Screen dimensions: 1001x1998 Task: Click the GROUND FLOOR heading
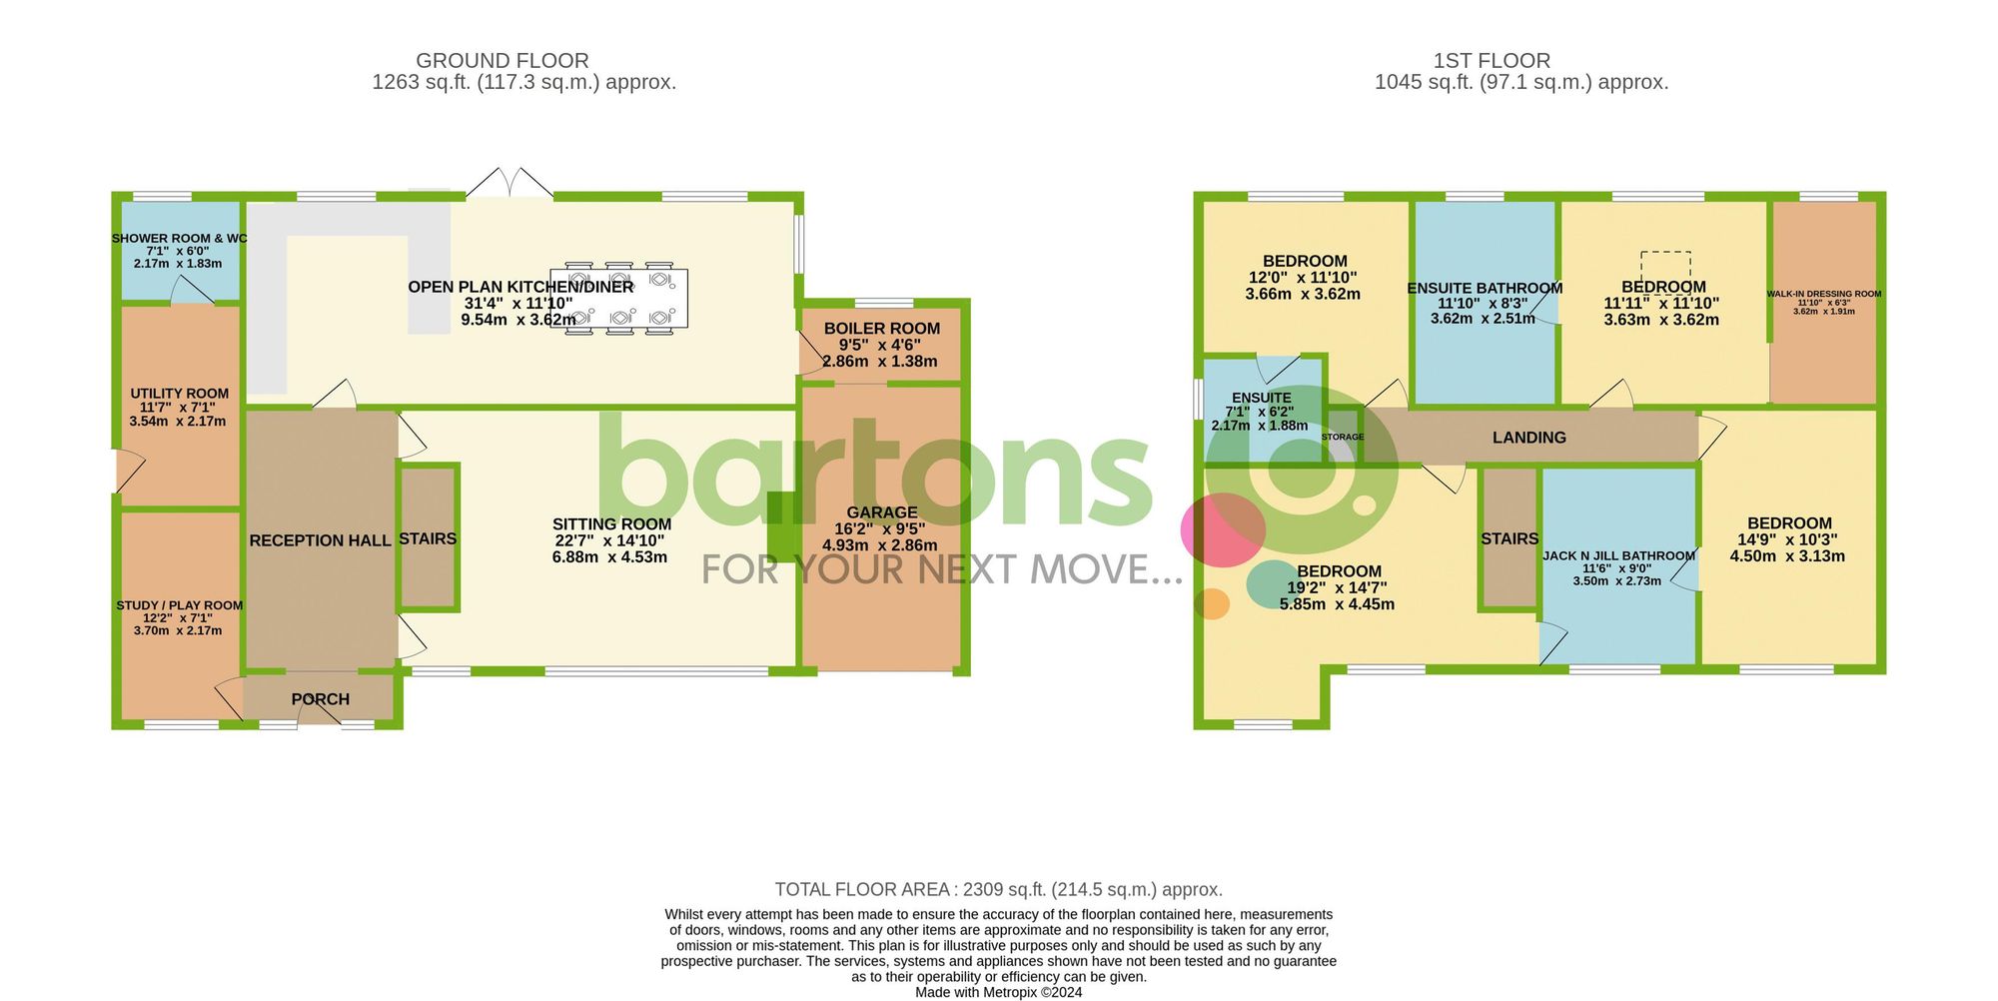tap(502, 61)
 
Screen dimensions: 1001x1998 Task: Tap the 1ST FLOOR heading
tap(1492, 61)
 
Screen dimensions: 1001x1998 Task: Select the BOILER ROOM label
tap(881, 329)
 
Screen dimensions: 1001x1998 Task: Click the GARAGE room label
tap(881, 512)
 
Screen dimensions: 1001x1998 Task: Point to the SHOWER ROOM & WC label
tap(179, 239)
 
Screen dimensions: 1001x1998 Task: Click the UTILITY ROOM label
tap(179, 394)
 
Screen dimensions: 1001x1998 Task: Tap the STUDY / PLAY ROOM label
tap(179, 605)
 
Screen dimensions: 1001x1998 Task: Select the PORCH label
tap(321, 699)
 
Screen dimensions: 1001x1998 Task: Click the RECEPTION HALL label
tap(320, 540)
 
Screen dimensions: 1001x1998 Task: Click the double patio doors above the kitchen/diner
tap(509, 184)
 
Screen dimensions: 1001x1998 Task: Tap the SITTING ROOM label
tap(611, 524)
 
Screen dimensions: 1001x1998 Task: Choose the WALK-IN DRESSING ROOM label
tap(1823, 294)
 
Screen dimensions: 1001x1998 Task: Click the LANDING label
tap(1528, 438)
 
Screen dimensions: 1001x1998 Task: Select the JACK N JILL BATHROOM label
tap(1618, 555)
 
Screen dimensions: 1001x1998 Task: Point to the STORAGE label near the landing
tap(1342, 437)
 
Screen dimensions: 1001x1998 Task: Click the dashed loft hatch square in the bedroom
tap(1665, 267)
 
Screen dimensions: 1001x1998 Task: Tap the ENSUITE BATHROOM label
tap(1485, 289)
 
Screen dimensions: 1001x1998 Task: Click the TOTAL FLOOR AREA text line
tap(998, 889)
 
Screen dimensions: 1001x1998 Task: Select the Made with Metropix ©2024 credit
tap(998, 992)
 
